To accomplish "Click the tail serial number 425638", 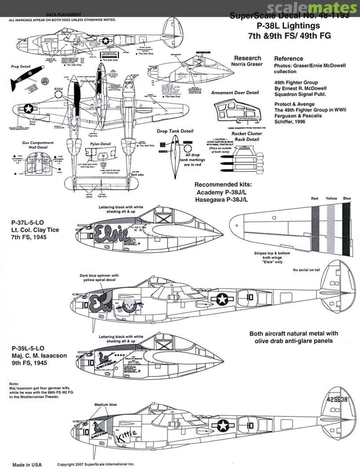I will click(x=333, y=401).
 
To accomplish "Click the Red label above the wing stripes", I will click(x=314, y=199).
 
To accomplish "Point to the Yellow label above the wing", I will click(x=331, y=199).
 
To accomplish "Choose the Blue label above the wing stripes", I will click(x=347, y=199).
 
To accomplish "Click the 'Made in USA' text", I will click(x=27, y=465).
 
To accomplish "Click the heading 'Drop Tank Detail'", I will click(x=175, y=131).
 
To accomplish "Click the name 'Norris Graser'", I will click(x=247, y=64).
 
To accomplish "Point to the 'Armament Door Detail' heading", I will click(x=235, y=93).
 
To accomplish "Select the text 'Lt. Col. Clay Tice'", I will click(x=36, y=230).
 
